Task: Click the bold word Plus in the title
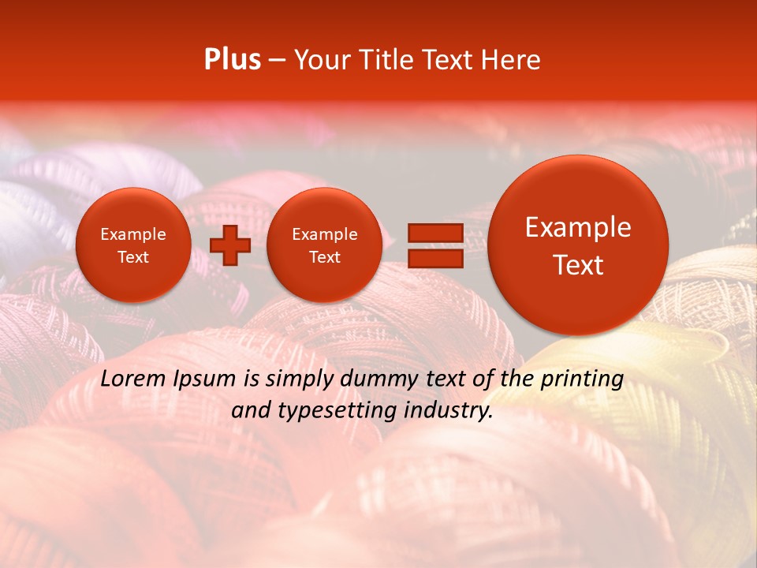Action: tap(233, 60)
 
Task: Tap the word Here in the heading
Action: tap(512, 60)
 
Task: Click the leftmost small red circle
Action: tap(132, 245)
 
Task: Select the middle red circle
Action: tap(324, 245)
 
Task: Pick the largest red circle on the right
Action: tap(578, 245)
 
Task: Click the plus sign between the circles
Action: tap(230, 245)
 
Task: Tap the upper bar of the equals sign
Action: tap(434, 233)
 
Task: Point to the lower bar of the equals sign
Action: tap(434, 258)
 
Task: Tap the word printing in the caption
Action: tap(582, 379)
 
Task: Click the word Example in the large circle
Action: tap(578, 227)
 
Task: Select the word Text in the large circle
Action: tap(578, 265)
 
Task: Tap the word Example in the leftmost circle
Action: tap(132, 234)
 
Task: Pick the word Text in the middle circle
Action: tap(324, 257)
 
